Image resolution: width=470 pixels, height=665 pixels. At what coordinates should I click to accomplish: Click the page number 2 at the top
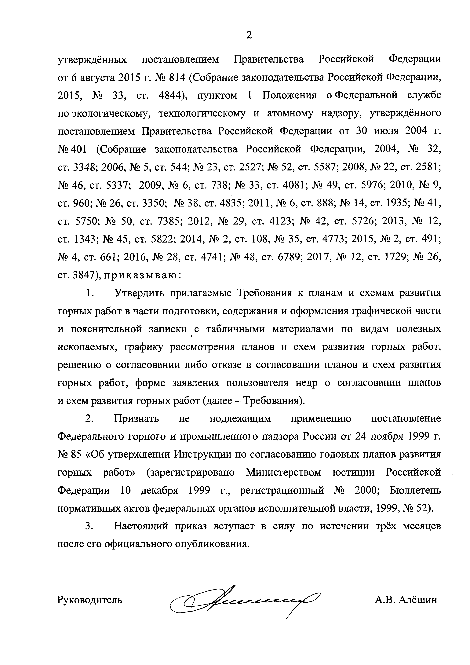(249, 35)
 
